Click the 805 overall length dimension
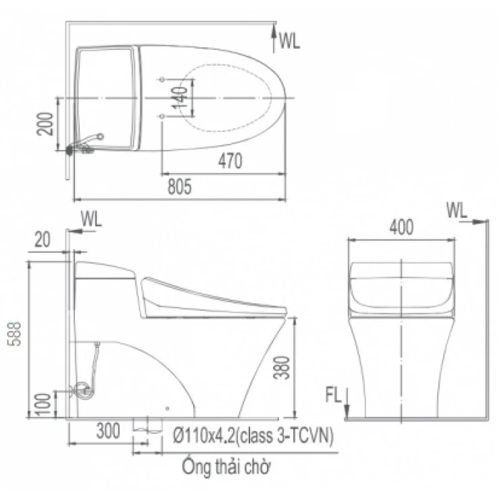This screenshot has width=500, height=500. [x=180, y=186]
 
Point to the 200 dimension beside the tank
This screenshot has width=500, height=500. [x=46, y=124]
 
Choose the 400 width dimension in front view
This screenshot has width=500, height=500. [x=401, y=227]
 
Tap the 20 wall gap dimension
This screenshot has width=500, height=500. [x=42, y=240]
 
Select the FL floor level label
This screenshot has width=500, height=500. [x=333, y=395]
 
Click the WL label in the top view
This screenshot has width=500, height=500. [x=290, y=40]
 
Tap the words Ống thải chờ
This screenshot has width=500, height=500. [x=226, y=467]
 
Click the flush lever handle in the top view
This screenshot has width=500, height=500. [x=94, y=137]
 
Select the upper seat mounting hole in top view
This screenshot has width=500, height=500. [x=162, y=79]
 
